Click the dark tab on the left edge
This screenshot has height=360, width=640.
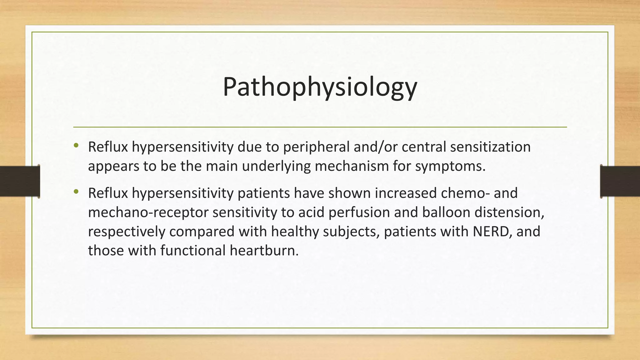[20, 181]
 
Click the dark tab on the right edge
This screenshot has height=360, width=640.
[620, 181]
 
